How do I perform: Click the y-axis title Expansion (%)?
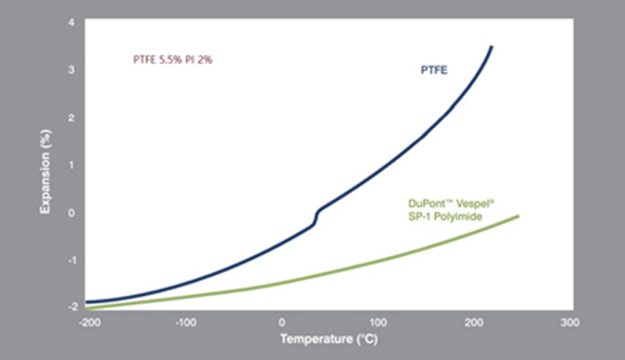point(45,170)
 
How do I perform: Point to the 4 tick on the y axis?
point(71,22)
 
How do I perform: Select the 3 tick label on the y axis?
point(71,70)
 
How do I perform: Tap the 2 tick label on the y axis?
point(71,117)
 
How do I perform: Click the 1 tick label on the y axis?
point(71,165)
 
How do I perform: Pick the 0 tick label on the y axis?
point(71,212)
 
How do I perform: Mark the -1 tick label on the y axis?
point(70,260)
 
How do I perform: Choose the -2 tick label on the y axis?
point(70,307)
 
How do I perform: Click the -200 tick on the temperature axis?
point(87,321)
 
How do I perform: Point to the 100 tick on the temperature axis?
point(378,321)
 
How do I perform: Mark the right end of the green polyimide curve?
point(517,216)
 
